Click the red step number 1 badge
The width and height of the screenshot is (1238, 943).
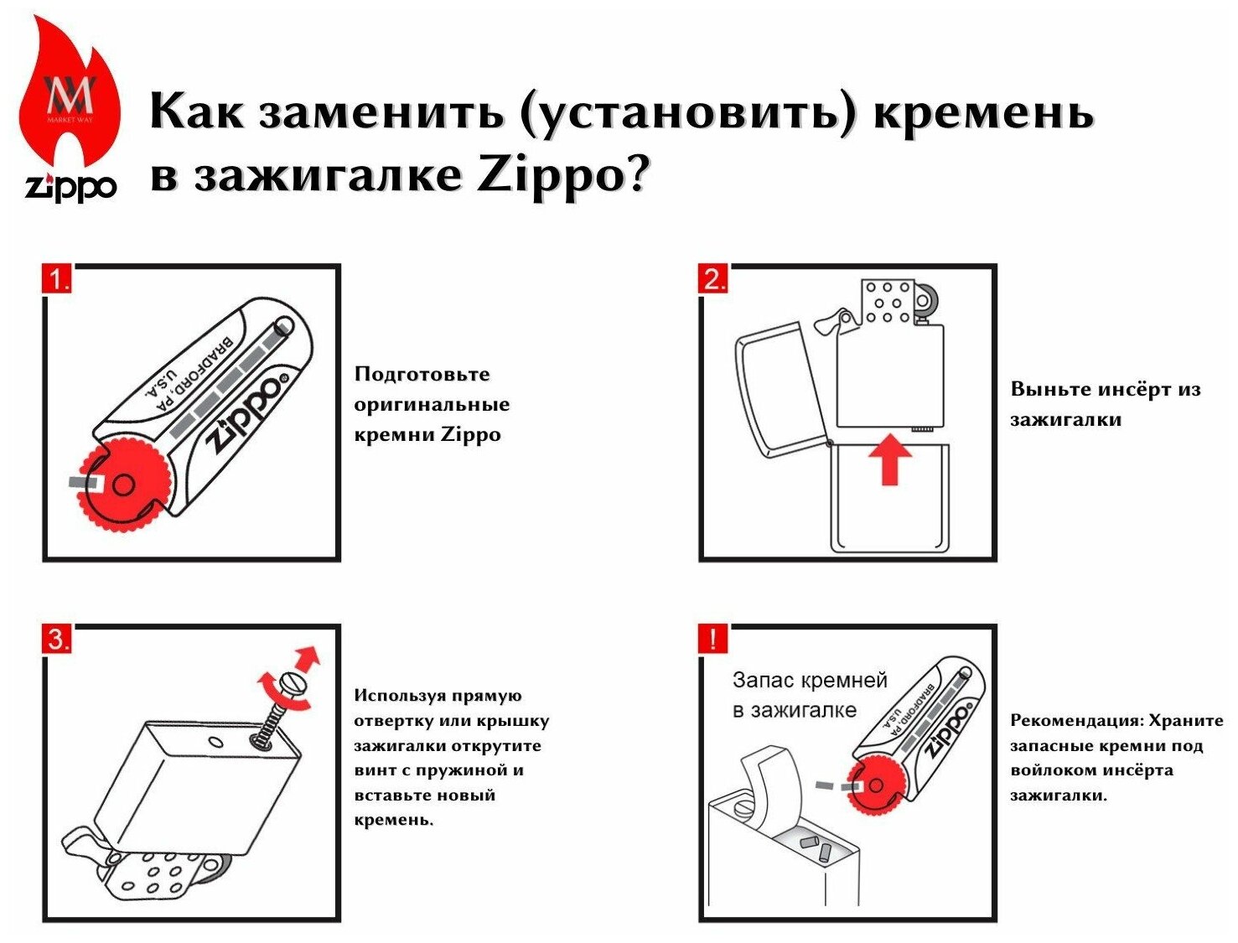(x=57, y=279)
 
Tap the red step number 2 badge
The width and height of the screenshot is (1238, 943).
(x=713, y=279)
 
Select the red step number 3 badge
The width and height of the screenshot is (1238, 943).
(x=57, y=640)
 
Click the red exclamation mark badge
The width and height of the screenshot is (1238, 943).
(x=713, y=640)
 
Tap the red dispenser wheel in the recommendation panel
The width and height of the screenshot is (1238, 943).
(x=875, y=785)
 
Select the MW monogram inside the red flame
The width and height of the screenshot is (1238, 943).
(x=70, y=96)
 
